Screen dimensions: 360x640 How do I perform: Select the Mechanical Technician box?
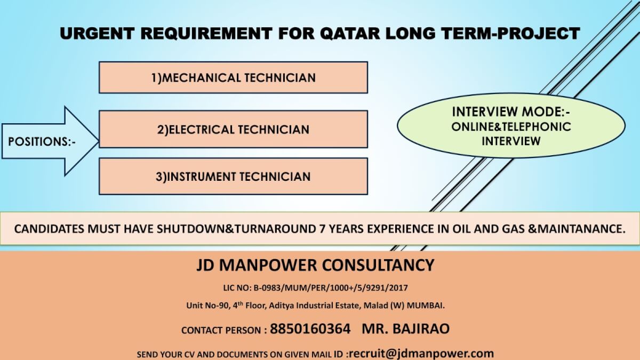click(233, 78)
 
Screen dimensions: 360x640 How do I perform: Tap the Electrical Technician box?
click(233, 129)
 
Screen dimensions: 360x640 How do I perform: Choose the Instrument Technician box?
click(233, 177)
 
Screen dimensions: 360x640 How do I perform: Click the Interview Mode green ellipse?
click(511, 126)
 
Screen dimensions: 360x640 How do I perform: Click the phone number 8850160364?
click(310, 329)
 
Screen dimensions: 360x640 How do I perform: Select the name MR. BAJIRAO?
click(405, 329)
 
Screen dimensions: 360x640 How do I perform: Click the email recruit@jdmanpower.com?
click(422, 353)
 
